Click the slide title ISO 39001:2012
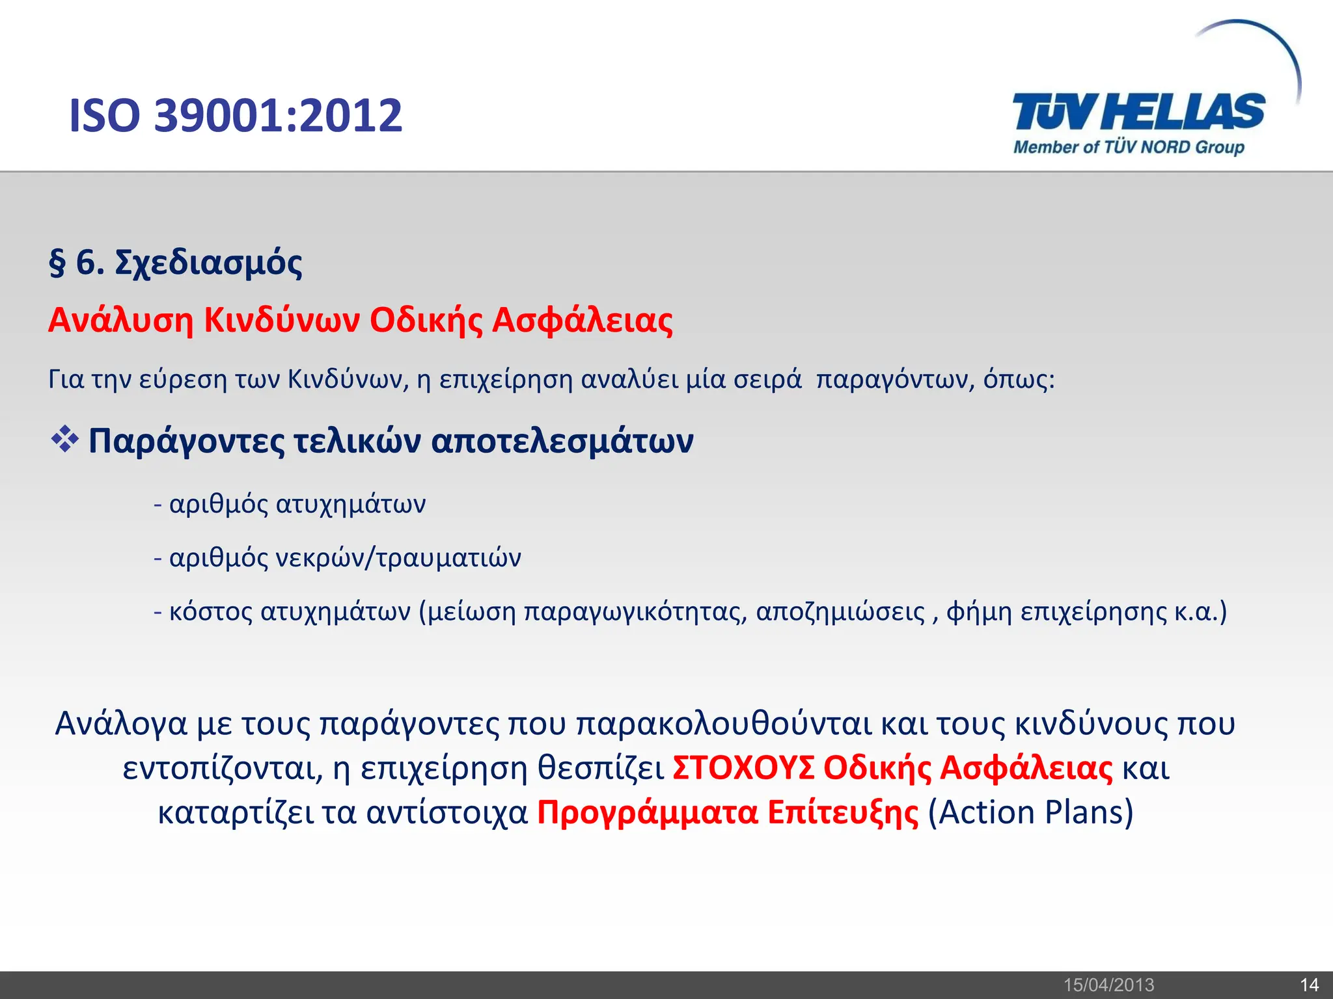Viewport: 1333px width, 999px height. click(x=236, y=116)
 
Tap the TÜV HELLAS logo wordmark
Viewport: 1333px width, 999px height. click(x=1138, y=112)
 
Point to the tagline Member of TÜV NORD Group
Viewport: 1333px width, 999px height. click(x=1129, y=148)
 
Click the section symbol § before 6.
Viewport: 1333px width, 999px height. click(x=57, y=263)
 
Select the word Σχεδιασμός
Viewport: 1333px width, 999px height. click(x=208, y=263)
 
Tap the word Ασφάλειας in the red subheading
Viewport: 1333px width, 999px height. click(x=582, y=320)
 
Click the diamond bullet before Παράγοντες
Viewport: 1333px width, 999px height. click(x=64, y=440)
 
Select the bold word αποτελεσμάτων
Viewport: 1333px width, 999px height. click(x=562, y=441)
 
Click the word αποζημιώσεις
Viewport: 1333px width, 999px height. click(x=840, y=612)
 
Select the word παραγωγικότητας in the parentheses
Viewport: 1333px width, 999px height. click(x=635, y=612)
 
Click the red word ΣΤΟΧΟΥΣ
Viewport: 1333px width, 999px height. click(x=743, y=768)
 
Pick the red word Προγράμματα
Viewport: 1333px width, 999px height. click(x=648, y=812)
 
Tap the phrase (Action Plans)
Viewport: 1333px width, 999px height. click(x=1030, y=812)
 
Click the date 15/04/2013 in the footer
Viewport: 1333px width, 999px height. click(x=1108, y=985)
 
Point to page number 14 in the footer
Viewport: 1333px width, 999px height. click(x=1309, y=985)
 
